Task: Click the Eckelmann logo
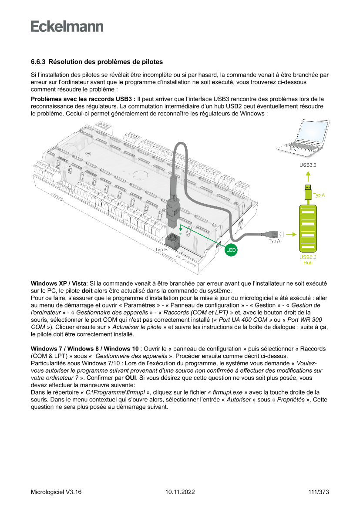[x=67, y=26]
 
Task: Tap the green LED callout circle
[x=231, y=250]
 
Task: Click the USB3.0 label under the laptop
[x=307, y=165]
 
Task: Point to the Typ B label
[x=161, y=249]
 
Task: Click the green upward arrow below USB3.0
[x=307, y=176]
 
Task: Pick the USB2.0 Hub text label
[x=307, y=260]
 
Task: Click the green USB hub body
[x=307, y=228]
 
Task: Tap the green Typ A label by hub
[x=319, y=196]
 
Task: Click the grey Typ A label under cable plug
[x=274, y=241]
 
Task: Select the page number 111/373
[x=318, y=492]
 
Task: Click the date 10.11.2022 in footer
[x=180, y=492]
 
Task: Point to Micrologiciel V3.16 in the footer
[x=56, y=492]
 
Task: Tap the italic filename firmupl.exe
[x=228, y=392]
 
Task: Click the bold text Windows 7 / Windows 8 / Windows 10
[x=85, y=349]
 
